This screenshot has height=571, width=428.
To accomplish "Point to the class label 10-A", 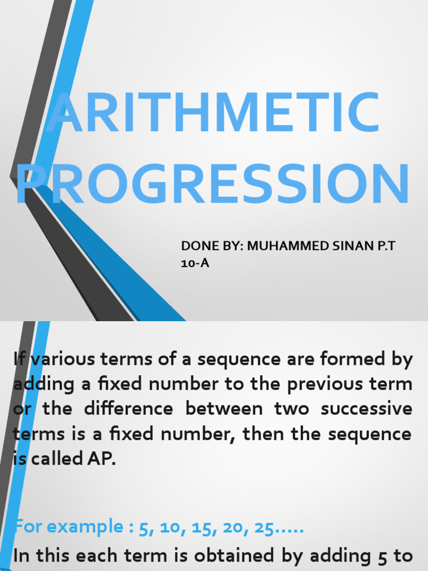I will (195, 263).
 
